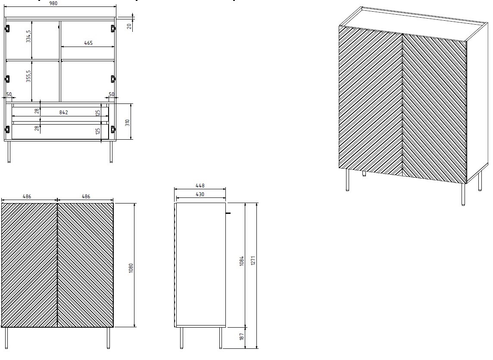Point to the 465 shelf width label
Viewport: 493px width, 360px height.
click(x=88, y=43)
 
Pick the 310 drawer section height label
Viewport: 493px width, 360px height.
click(x=127, y=122)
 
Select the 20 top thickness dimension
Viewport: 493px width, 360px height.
click(x=129, y=26)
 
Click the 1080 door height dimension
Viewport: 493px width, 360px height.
click(x=131, y=267)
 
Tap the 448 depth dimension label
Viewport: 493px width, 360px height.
click(x=200, y=186)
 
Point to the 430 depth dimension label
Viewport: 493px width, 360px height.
click(x=200, y=194)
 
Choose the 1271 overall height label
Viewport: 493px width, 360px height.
click(x=254, y=261)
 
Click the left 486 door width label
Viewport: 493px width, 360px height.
click(x=27, y=196)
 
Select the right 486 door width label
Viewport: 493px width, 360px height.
click(x=86, y=196)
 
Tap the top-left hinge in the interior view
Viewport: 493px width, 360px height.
click(x=7, y=28)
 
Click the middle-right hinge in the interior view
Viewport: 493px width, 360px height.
click(x=113, y=79)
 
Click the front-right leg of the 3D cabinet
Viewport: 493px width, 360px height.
click(x=463, y=194)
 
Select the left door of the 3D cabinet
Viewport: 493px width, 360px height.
click(x=371, y=101)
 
